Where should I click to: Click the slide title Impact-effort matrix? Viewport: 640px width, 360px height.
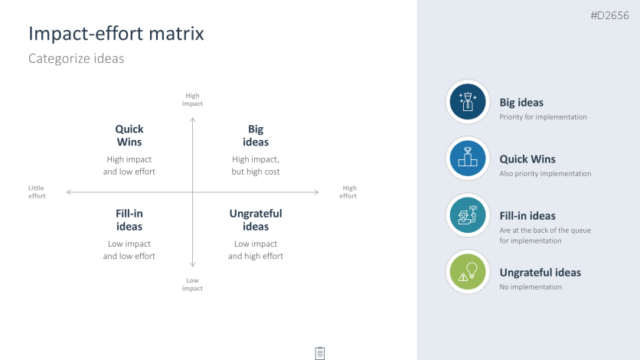click(116, 34)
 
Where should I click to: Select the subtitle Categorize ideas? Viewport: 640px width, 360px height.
click(76, 58)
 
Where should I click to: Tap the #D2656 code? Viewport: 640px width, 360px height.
click(609, 15)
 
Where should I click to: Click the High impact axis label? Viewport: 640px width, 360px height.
click(192, 100)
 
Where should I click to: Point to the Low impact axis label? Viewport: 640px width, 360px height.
click(192, 284)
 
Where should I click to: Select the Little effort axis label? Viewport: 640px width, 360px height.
click(37, 191)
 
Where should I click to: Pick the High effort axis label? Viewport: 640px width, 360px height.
click(348, 191)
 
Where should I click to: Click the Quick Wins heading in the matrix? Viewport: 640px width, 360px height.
click(129, 136)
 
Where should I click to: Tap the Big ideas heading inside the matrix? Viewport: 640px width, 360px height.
click(256, 136)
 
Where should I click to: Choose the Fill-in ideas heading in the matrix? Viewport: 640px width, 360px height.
click(129, 220)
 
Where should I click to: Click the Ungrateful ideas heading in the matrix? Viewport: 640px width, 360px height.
click(256, 220)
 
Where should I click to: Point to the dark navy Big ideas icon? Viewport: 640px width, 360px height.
click(468, 102)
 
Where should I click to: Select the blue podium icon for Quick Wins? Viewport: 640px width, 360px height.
click(468, 159)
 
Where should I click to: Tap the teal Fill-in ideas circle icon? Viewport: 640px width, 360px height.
click(468, 215)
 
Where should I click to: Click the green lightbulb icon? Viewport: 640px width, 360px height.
click(468, 272)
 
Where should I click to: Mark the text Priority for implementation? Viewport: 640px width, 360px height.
click(543, 117)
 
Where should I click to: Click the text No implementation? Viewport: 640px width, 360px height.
click(531, 287)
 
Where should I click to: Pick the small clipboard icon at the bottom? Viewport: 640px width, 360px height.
click(320, 353)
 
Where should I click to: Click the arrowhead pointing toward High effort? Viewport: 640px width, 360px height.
click(317, 191)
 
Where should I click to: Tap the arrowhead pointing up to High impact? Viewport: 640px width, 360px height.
click(193, 119)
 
